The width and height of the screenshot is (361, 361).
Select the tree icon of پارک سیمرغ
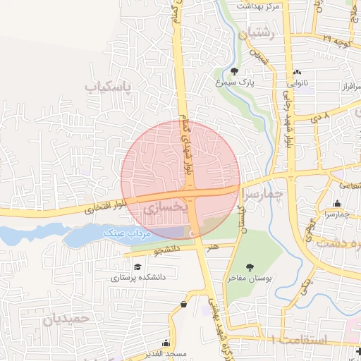(234, 71)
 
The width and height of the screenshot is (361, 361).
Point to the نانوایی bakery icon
(298, 72)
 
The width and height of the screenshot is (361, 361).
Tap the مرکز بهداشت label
(258, 6)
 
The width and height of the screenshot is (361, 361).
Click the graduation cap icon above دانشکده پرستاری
(137, 267)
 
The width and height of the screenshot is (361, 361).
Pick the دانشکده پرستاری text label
(138, 278)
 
